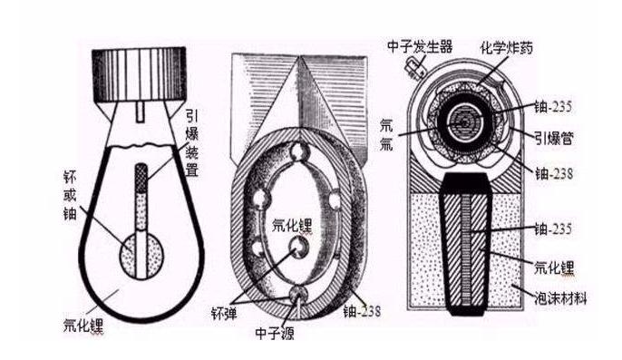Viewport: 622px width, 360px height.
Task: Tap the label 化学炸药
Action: (515, 41)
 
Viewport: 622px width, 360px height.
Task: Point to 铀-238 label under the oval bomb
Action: (363, 311)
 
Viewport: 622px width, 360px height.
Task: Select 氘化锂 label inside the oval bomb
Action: (296, 219)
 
